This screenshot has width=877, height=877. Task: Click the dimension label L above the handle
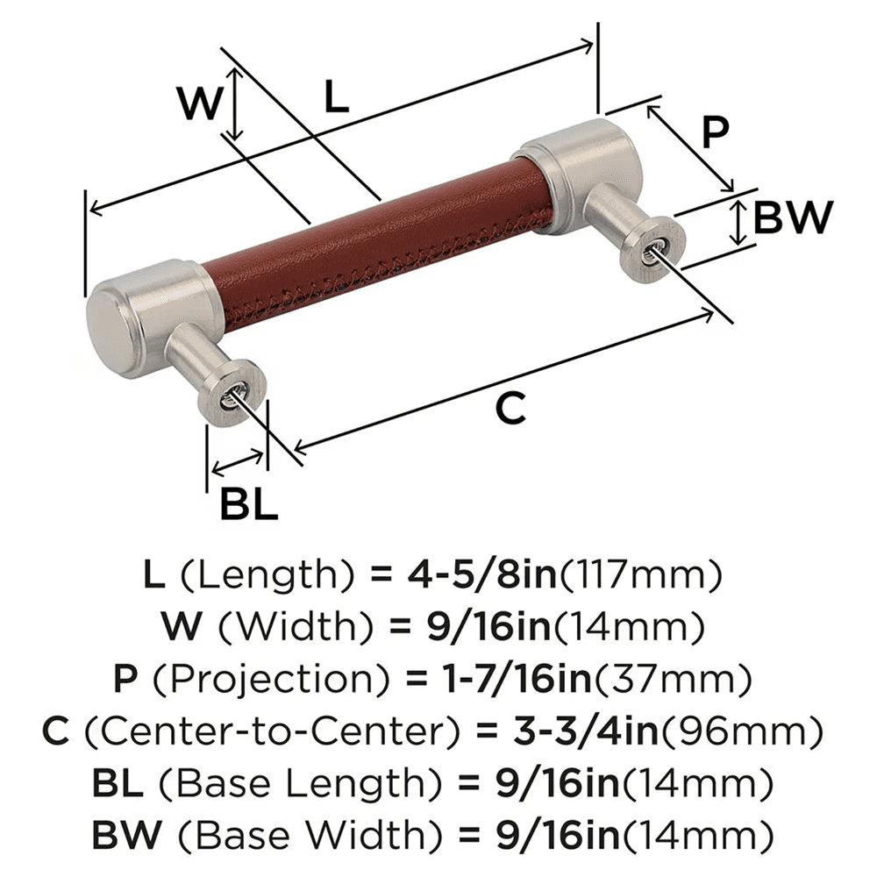[x=336, y=97]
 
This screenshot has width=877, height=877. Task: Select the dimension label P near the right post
[x=716, y=133]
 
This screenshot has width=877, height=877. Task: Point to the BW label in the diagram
[x=792, y=217]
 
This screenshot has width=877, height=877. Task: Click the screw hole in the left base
[x=230, y=396]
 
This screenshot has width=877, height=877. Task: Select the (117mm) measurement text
[x=640, y=575]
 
